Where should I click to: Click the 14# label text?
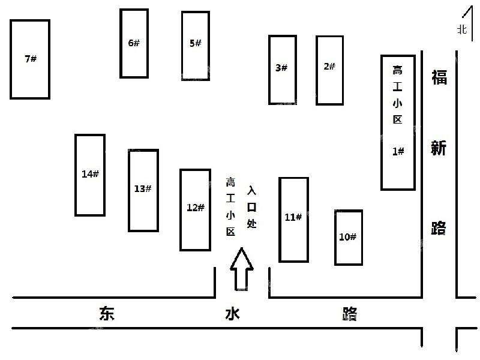coord(91,174)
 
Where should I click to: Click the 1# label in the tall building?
coord(398,151)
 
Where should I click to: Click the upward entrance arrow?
coord(242,269)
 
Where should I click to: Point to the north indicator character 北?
coord(462,29)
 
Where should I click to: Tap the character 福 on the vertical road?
coord(439,77)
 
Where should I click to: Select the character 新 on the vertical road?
coord(439,148)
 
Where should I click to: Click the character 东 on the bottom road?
coord(107,313)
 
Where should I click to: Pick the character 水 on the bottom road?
coord(232,314)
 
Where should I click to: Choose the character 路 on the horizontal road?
coord(350,314)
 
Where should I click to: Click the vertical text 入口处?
coord(251,207)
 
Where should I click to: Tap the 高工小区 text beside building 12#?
coord(230,207)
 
